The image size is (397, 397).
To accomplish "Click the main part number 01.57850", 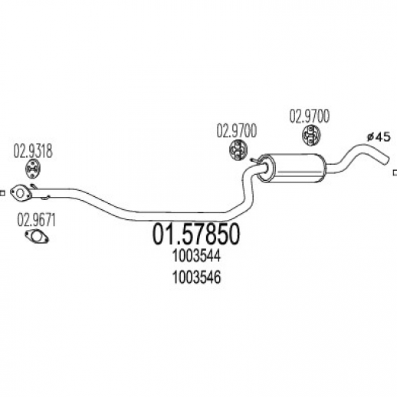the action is point(196,235).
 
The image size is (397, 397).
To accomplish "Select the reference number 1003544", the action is point(196,256).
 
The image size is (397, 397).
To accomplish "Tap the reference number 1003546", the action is point(196,277).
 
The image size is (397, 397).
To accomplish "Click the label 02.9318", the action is point(33,151).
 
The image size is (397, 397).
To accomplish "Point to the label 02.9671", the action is point(36,220).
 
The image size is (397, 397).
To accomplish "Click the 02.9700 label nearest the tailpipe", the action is point(309,116).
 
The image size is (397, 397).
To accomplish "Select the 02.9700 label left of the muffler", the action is point(236,131).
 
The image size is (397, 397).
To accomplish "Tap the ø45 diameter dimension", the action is point(379,137).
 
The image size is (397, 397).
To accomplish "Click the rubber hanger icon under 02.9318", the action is point(34,169).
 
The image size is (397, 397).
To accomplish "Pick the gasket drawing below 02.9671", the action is point(37,237).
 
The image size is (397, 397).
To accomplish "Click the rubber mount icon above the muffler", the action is point(311,135).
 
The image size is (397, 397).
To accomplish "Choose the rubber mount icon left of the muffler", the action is point(238,149).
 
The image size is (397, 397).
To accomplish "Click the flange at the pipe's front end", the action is point(21,193).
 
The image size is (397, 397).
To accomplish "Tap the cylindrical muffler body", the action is point(297,167).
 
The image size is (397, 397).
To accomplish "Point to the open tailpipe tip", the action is point(386,159).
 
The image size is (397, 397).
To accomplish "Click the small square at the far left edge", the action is point(2,193).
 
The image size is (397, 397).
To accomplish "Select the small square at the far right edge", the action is point(395,173).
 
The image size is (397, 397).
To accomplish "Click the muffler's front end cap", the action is point(265,168).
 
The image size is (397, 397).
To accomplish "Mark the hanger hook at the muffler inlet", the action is point(254,160).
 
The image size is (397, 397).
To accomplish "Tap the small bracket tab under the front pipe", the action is point(45,198).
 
